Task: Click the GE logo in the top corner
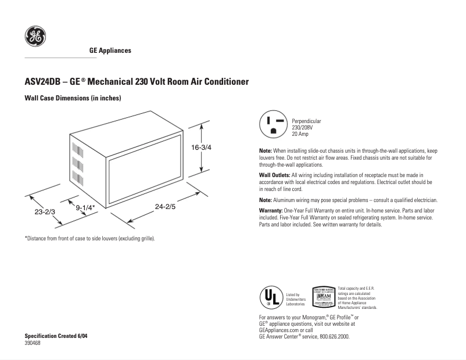[35, 38]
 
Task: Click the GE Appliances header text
[110, 51]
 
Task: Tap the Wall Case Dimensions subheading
[72, 98]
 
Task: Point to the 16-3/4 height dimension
[201, 147]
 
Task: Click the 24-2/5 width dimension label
[166, 206]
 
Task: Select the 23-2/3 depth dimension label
[45, 212]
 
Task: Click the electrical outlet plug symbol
[273, 125]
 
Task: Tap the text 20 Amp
[300, 134]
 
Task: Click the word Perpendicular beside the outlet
[306, 121]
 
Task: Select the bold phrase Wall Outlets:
[274, 175]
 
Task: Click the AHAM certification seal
[323, 296]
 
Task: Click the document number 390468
[33, 343]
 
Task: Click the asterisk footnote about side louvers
[89, 239]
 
